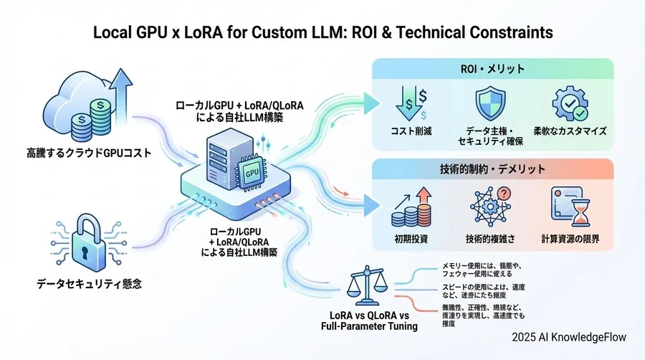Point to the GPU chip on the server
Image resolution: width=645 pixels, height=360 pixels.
[x=251, y=173]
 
